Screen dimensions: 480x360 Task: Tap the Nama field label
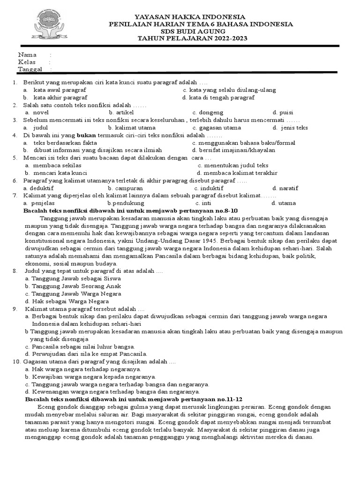click(x=27, y=55)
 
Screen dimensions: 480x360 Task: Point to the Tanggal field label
click(x=30, y=69)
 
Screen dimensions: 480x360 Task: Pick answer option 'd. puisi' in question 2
click(x=283, y=112)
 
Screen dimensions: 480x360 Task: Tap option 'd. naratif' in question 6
click(x=285, y=188)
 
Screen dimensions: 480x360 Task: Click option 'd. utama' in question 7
click(x=284, y=203)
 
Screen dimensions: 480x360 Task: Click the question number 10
click(x=16, y=361)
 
